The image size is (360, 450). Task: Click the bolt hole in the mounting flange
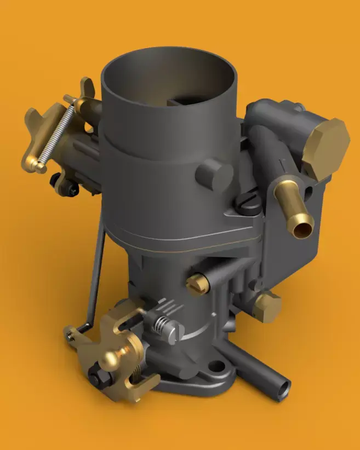coord(216,366)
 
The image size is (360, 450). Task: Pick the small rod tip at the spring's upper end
coord(68,99)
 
